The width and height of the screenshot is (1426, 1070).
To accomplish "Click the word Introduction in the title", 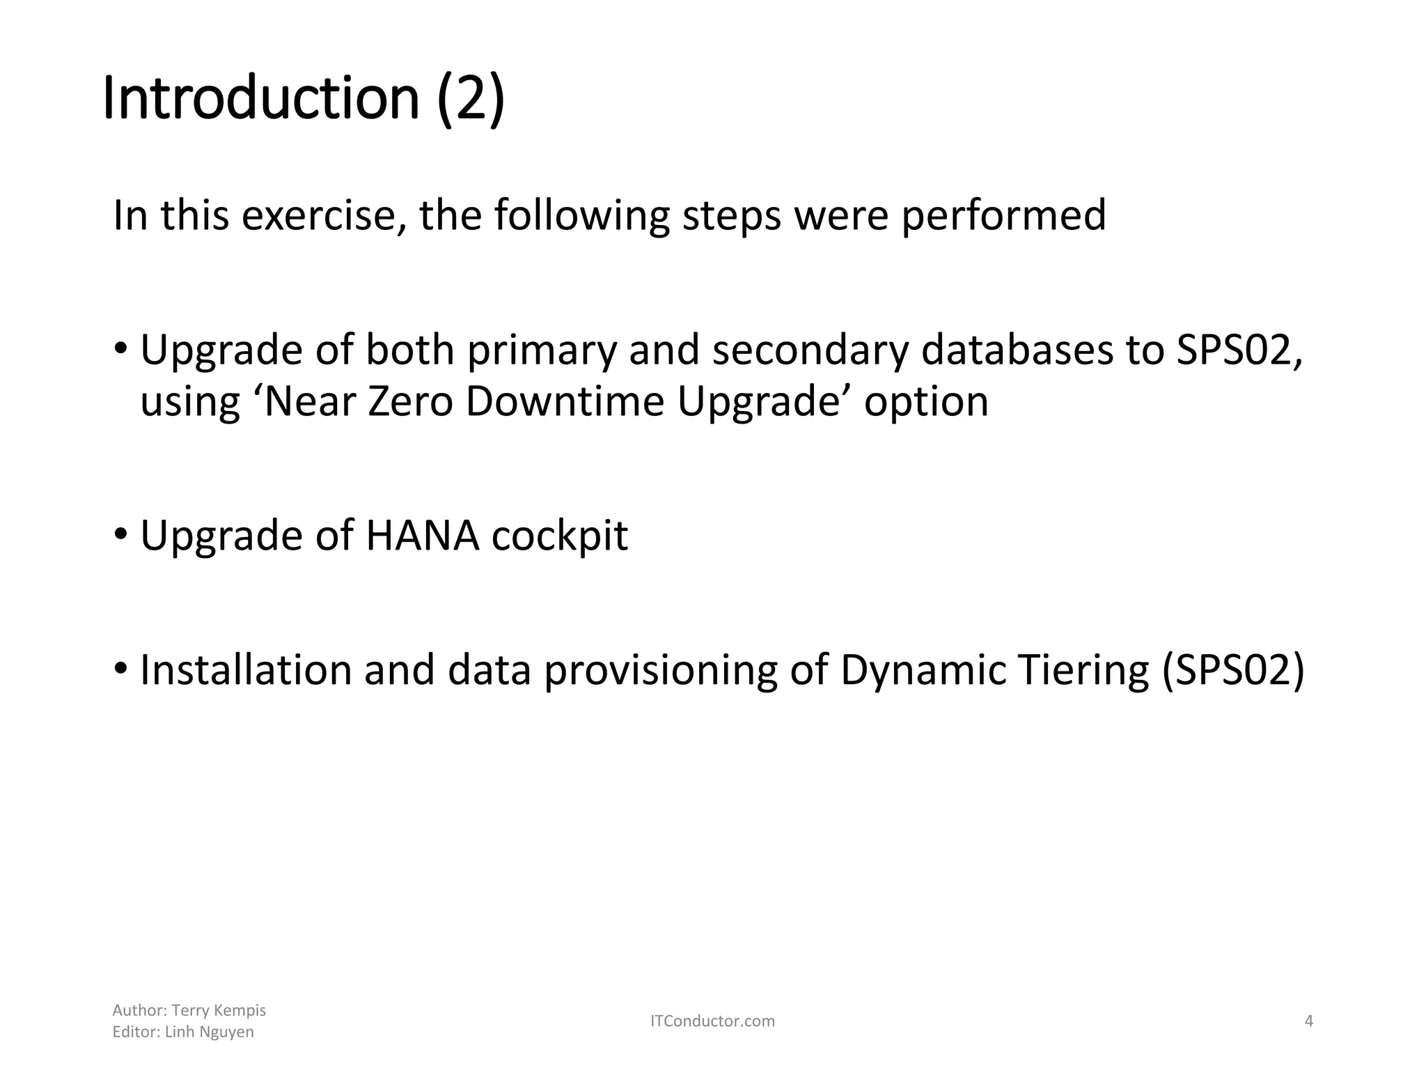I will tap(261, 99).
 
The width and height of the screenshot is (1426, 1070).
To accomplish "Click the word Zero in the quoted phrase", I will tap(410, 402).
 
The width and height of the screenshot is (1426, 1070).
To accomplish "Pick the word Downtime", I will tap(565, 402).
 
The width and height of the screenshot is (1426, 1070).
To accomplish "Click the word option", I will tap(926, 402).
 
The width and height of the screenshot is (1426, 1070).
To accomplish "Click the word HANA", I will tap(422, 536).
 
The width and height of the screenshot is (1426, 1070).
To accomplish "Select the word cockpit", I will tap(560, 536).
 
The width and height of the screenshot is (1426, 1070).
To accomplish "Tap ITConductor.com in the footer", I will tap(712, 1021).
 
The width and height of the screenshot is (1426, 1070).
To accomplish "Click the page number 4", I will tap(1308, 1021).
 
